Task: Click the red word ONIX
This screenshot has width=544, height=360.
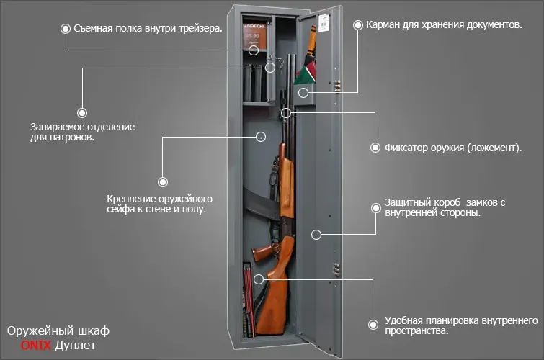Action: point(36,345)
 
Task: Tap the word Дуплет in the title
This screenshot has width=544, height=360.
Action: point(75,346)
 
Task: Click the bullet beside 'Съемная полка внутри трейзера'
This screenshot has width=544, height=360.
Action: point(66,29)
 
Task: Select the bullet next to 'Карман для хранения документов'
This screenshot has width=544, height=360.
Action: point(357,25)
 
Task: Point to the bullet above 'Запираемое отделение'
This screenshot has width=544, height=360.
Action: point(82,113)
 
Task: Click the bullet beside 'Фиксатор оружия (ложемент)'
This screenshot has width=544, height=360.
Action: point(375,148)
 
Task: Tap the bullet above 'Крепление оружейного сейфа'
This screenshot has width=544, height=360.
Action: point(163,181)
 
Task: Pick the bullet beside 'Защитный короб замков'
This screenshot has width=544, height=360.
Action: point(375,208)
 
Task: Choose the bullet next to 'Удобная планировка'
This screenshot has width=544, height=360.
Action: point(373,325)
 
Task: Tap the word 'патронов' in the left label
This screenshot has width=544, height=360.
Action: point(71,138)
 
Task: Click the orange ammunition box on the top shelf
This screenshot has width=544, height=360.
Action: point(254,36)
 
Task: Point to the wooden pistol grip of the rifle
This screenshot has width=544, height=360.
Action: point(262,252)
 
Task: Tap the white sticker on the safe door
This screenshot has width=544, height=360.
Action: point(324,22)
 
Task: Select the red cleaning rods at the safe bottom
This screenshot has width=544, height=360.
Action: point(249,299)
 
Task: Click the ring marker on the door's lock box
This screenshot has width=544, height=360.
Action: point(316,235)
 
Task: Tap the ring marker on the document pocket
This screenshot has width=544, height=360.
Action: point(303,93)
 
